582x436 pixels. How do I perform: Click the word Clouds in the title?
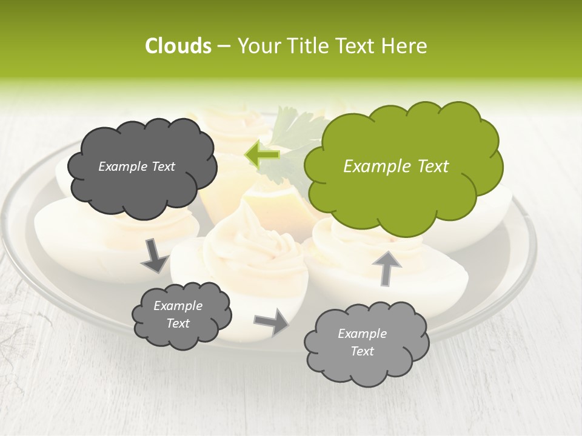pos(178,46)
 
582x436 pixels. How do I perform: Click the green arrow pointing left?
pos(262,154)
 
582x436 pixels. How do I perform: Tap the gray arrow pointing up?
pos(386,267)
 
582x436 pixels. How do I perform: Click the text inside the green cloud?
pos(396,166)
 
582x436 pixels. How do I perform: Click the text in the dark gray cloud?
pos(136,167)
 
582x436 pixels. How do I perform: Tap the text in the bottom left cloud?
pos(178,314)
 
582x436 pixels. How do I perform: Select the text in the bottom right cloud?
pos(362,342)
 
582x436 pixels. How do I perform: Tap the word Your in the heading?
pos(256,46)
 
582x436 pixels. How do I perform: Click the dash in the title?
pos(224,46)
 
